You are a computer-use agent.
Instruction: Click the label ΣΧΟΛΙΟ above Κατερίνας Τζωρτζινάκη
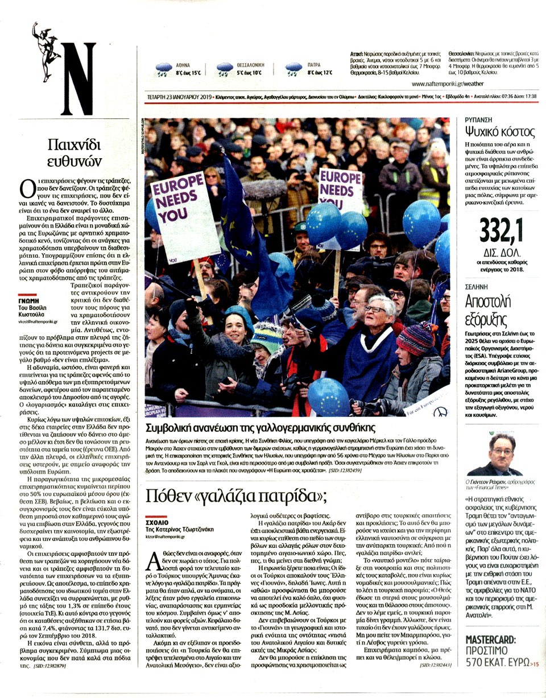[x=158, y=521]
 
